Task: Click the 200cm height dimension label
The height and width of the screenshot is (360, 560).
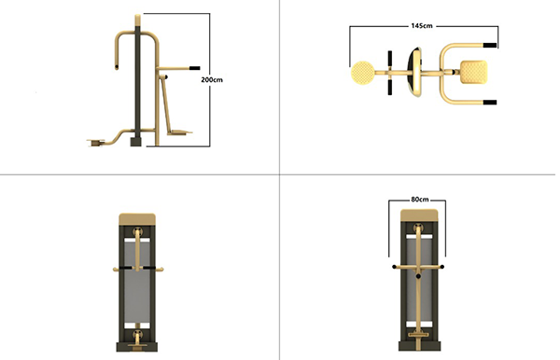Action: pyautogui.click(x=212, y=79)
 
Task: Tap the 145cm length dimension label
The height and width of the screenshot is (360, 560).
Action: pyautogui.click(x=422, y=26)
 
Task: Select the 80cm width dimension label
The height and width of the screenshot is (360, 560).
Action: pyautogui.click(x=420, y=199)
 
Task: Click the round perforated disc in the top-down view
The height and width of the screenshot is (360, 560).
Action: pyautogui.click(x=362, y=73)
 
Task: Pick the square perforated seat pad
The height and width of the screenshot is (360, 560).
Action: pyautogui.click(x=473, y=72)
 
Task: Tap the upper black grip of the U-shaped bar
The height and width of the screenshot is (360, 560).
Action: pyautogui.click(x=490, y=46)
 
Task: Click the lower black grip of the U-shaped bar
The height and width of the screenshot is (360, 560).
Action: pyautogui.click(x=490, y=103)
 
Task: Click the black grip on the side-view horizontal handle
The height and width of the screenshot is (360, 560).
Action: pyautogui.click(x=195, y=68)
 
